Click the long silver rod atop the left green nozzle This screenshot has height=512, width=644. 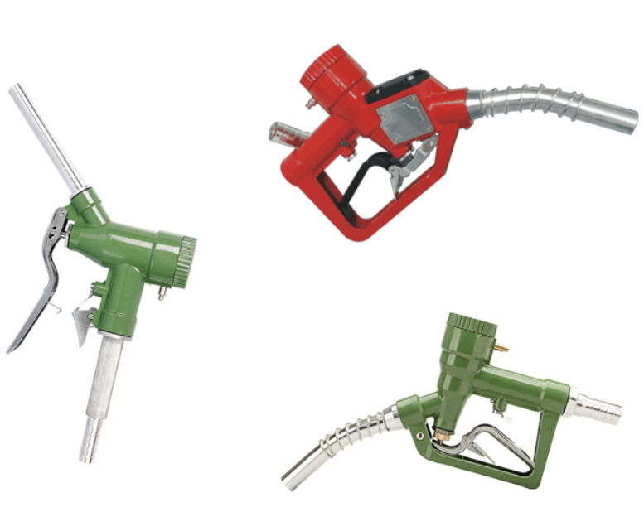[46, 137]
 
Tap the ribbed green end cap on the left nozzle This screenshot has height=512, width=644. [185, 262]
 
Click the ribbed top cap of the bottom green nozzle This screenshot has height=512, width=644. [472, 324]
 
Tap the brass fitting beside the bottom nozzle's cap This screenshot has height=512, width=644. [501, 347]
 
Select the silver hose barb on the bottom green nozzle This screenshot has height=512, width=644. [594, 407]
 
